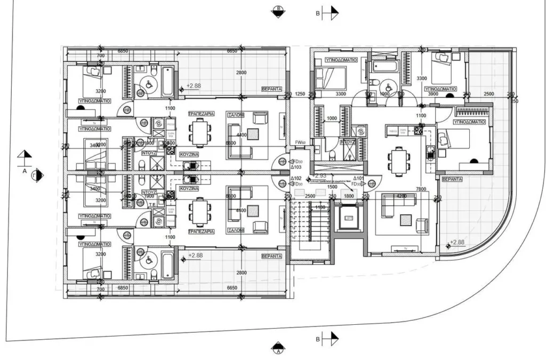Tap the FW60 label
pos(300,142)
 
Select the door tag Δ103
pos(296,167)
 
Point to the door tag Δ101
pos(358,179)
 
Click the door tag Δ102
pos(296,179)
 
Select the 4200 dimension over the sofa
pos(401,196)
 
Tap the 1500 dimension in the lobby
pos(332,187)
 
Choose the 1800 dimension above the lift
pos(349,197)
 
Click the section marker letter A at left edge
pos(25,171)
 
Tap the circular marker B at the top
pos(278,11)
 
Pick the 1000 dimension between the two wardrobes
pos(332,118)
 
